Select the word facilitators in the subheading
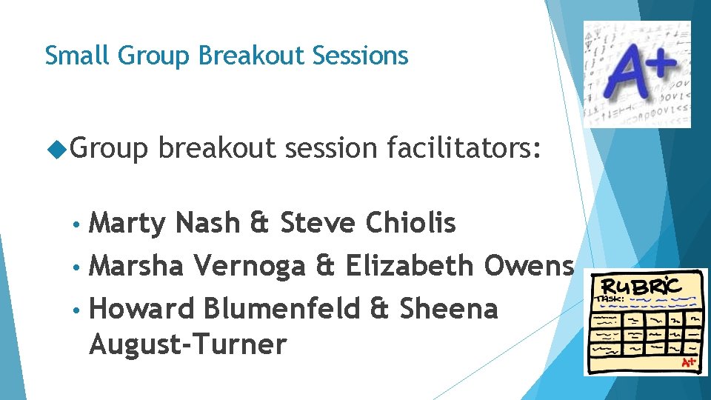pos(464,149)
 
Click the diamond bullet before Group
pos(57,150)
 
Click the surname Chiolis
pos(410,222)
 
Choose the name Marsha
pos(136,265)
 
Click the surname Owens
pos(530,265)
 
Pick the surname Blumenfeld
pos(285,308)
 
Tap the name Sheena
pos(449,308)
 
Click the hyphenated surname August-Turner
pos(187,344)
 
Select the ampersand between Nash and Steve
pos(260,223)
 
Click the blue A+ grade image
pos(636,74)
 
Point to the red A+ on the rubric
pos(689,362)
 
